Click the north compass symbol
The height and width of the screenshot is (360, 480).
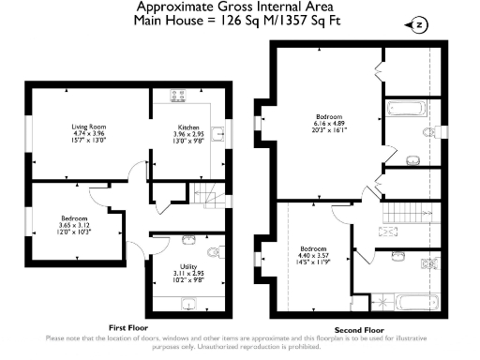418,23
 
